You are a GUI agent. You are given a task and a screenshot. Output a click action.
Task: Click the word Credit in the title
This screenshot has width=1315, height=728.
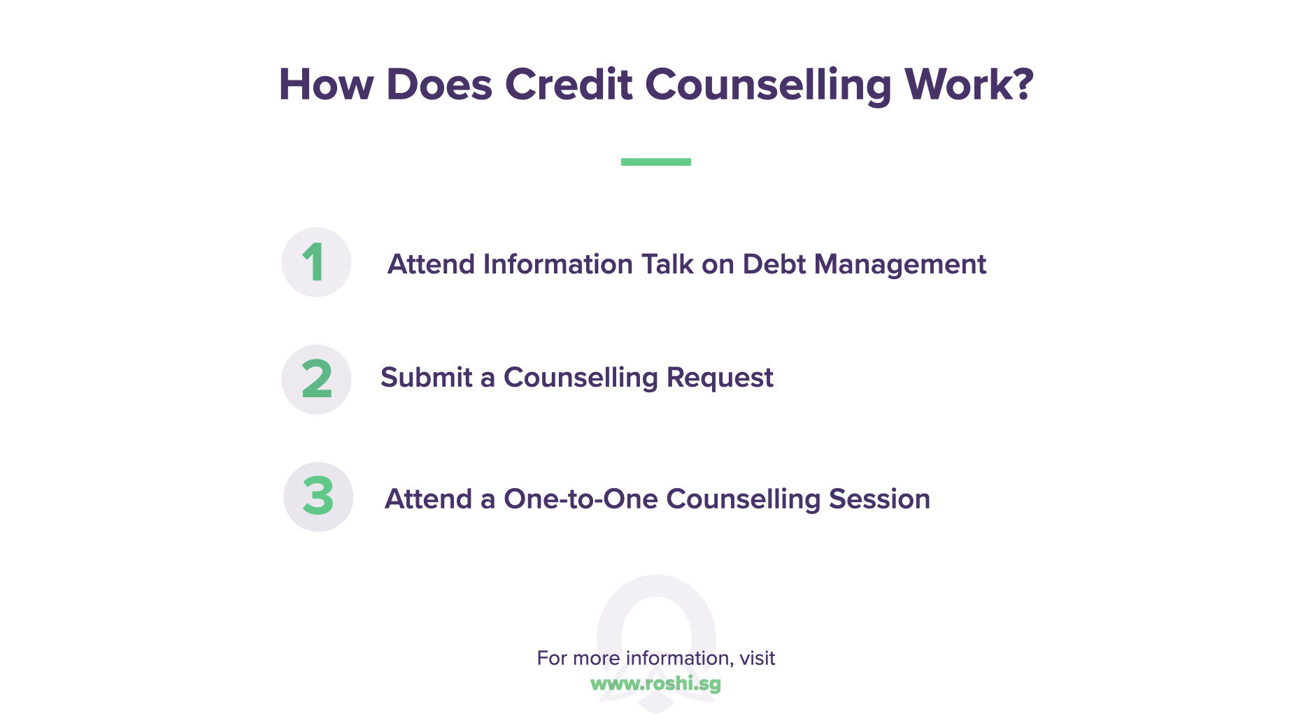click(568, 85)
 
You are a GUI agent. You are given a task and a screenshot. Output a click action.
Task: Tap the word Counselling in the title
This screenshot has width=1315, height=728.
click(768, 85)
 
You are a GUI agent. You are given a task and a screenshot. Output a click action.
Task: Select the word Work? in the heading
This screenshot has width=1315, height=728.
click(969, 85)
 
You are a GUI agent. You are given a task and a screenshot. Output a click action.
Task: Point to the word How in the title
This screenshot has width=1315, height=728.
click(326, 85)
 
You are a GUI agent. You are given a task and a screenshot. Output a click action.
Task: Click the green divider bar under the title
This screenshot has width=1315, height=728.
click(655, 162)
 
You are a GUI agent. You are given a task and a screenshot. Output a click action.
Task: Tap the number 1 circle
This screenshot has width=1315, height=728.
click(316, 262)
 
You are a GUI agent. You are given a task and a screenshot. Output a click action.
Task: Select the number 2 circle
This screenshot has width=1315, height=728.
click(316, 379)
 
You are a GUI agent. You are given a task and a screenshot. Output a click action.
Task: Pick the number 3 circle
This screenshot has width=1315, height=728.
click(318, 497)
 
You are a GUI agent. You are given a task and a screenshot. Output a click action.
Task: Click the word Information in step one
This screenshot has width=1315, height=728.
click(557, 264)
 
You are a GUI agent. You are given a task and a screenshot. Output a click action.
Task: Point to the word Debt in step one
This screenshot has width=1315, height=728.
click(774, 264)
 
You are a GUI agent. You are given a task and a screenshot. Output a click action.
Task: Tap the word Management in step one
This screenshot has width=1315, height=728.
click(900, 264)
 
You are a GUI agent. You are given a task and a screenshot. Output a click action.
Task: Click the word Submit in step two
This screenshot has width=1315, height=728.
click(427, 378)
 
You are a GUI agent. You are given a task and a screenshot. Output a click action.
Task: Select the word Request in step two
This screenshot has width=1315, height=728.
click(720, 378)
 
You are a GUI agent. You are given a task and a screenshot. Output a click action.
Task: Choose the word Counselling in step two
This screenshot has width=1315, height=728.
click(581, 378)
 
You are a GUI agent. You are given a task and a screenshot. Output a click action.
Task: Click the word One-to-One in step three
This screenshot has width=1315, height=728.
click(581, 499)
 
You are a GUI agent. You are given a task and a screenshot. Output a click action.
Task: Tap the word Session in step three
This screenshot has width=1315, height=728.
click(879, 499)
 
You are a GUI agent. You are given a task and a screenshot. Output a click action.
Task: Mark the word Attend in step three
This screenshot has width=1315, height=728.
click(429, 499)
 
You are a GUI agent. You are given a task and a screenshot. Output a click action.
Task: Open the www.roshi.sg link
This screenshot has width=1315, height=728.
click(655, 683)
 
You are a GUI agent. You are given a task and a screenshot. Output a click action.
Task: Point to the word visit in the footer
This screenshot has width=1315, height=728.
click(758, 658)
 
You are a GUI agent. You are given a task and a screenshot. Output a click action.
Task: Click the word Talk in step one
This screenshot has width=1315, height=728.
click(668, 264)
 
